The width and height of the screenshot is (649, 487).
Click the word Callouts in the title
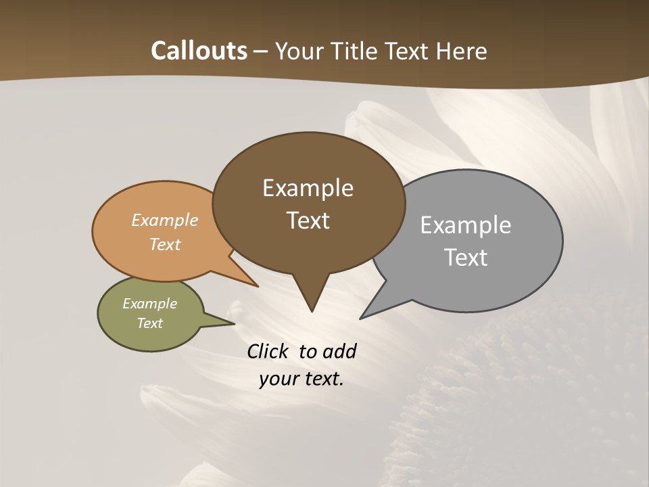pyautogui.click(x=199, y=51)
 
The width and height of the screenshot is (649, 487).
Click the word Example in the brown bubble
pyautogui.click(x=308, y=188)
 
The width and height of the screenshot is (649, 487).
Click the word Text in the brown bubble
pyautogui.click(x=308, y=221)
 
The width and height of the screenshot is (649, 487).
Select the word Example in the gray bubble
pyautogui.click(x=465, y=225)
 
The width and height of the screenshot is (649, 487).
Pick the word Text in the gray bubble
pyautogui.click(x=465, y=258)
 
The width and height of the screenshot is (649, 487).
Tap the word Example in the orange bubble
pyautogui.click(x=165, y=220)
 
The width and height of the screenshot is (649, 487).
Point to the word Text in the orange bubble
pyautogui.click(x=165, y=244)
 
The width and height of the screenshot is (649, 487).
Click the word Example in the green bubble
pyautogui.click(x=149, y=304)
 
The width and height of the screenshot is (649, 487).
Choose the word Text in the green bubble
pyautogui.click(x=149, y=323)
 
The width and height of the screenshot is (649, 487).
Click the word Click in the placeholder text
pyautogui.click(x=268, y=351)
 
